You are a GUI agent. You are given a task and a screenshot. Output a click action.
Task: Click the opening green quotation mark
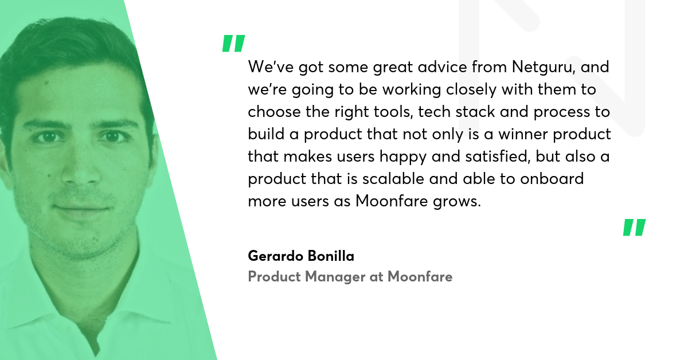[x=234, y=44]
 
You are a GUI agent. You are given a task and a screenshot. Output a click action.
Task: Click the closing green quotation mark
[x=635, y=228]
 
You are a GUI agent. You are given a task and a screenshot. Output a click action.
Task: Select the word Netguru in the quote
[x=544, y=68]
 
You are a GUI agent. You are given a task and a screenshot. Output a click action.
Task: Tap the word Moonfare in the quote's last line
[x=392, y=201]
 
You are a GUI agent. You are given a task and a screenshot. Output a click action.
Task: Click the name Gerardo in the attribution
[x=276, y=256]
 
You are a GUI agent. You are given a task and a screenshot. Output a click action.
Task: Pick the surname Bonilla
[x=331, y=256]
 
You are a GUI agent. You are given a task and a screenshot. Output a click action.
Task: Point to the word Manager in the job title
[x=335, y=277]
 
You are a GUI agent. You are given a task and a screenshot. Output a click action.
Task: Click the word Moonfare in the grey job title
[x=420, y=276]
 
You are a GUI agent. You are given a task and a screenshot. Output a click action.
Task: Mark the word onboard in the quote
[x=552, y=179]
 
